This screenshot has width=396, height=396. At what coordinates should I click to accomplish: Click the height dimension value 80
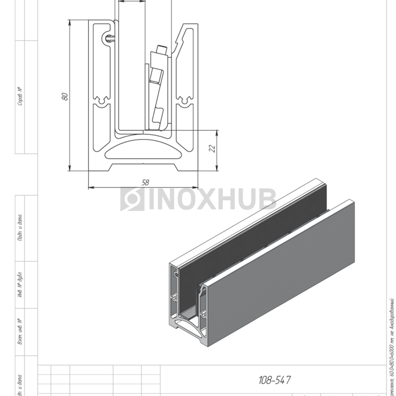pos(64,96)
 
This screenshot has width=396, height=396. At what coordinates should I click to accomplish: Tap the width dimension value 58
pos(145,182)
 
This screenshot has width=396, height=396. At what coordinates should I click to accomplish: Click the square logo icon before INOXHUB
pos(132,199)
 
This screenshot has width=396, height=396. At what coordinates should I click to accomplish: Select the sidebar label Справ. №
pos(20,96)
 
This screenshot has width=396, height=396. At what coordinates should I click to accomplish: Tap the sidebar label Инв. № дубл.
pos(20,286)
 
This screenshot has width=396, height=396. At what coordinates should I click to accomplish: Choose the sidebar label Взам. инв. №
pos(20,332)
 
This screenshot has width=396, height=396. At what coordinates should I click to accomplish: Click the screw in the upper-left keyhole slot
pos(109,38)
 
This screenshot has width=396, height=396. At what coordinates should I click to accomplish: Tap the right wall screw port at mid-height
pos(184,102)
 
